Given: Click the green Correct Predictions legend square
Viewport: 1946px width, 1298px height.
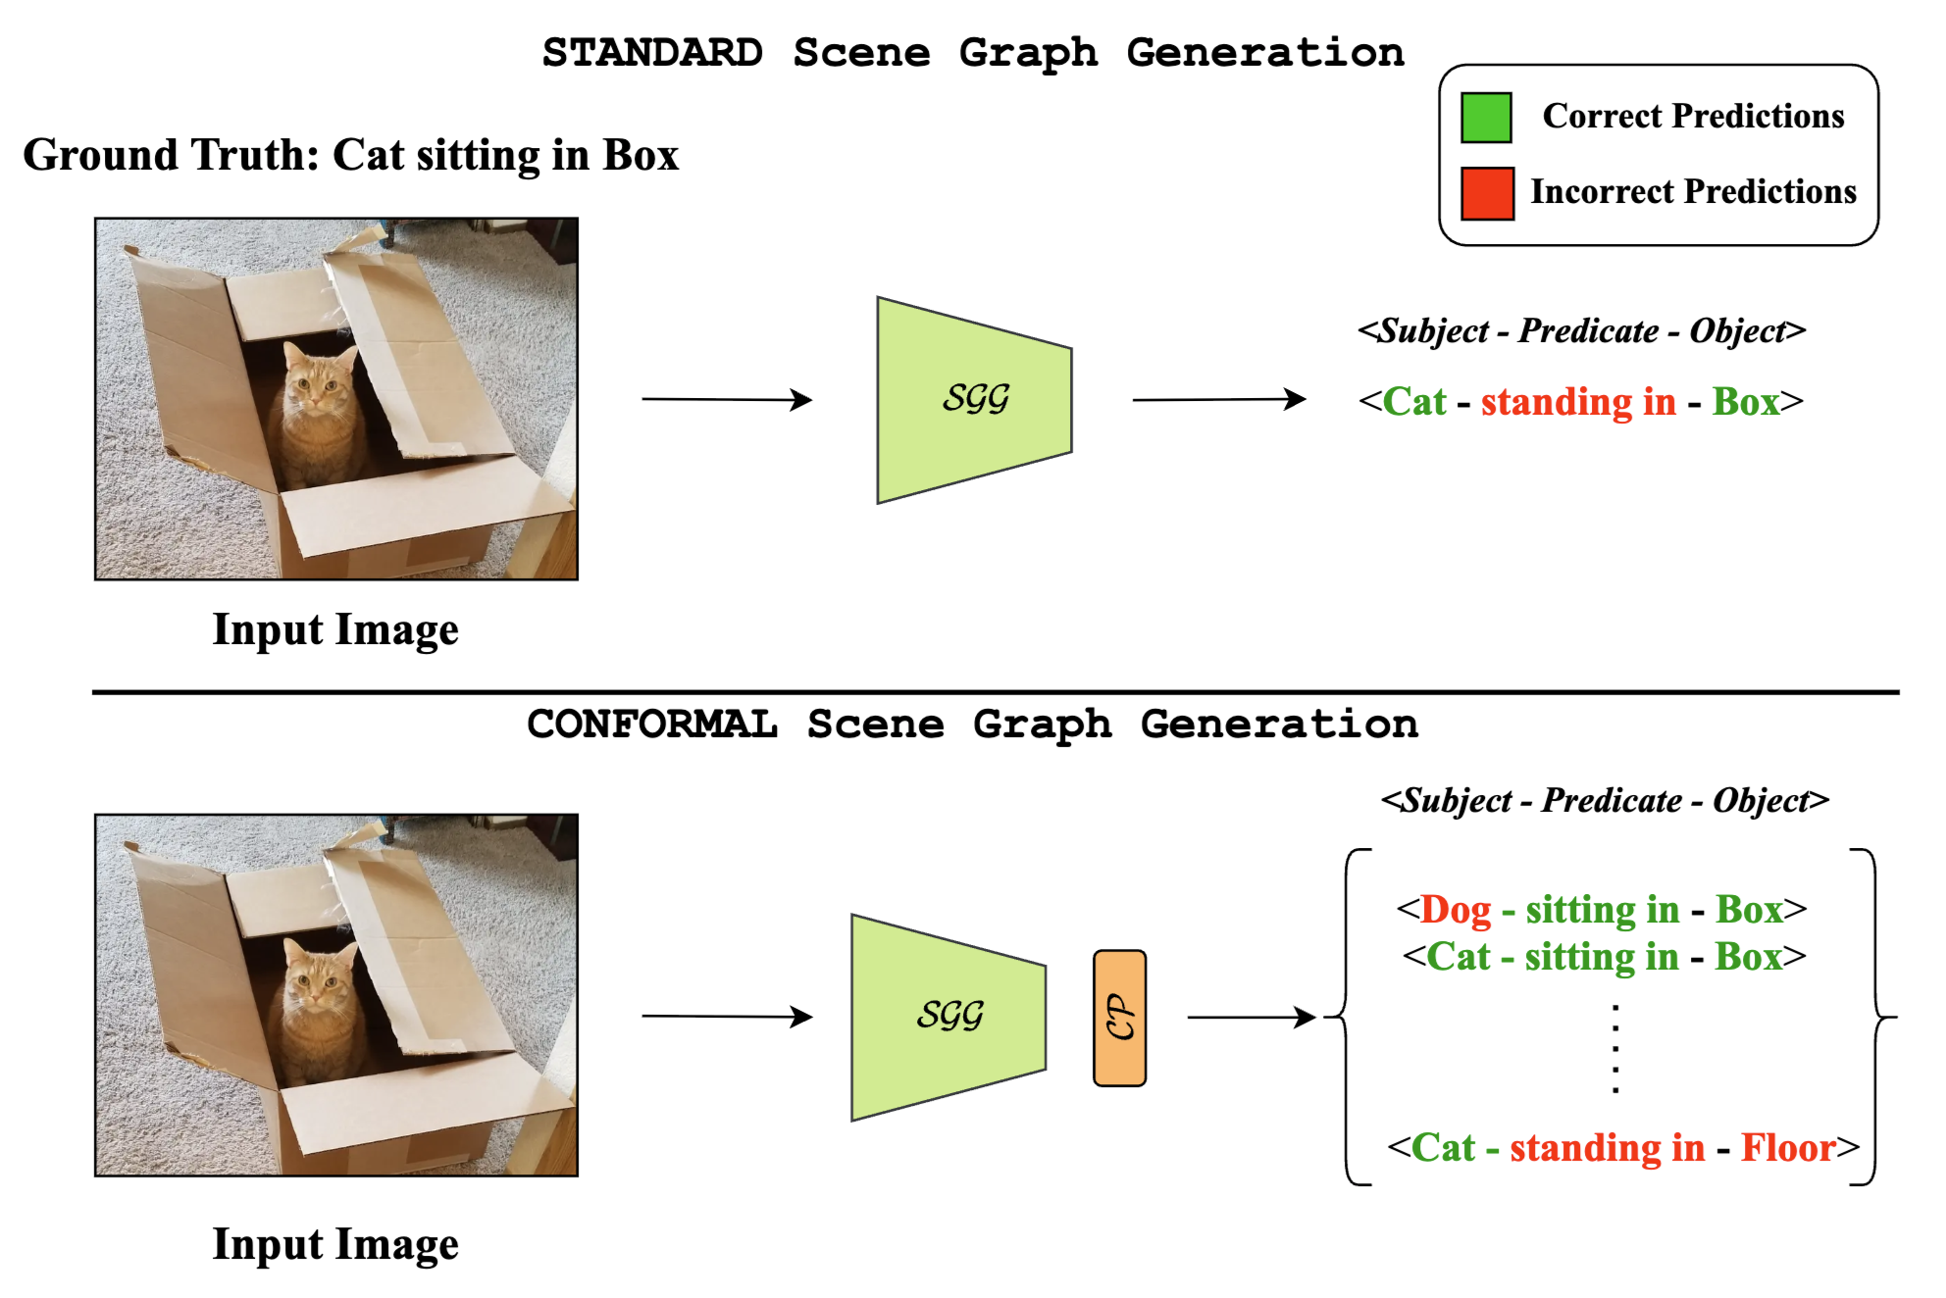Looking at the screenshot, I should pyautogui.click(x=1485, y=118).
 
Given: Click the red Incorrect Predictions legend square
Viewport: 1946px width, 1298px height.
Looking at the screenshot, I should pyautogui.click(x=1486, y=193).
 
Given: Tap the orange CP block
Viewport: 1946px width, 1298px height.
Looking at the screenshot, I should pyautogui.click(x=1119, y=1018).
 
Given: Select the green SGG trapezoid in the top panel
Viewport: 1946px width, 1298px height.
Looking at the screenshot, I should pyautogui.click(x=974, y=400).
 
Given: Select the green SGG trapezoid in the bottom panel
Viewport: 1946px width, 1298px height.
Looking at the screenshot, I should pyautogui.click(x=948, y=1017).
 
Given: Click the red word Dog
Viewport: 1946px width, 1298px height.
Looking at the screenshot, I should pyautogui.click(x=1456, y=910).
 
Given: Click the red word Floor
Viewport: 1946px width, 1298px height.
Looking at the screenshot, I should pyautogui.click(x=1787, y=1147).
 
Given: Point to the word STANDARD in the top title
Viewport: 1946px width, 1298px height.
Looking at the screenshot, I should pyautogui.click(x=652, y=53).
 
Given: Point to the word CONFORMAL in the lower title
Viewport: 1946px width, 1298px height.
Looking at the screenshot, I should pyautogui.click(x=652, y=724).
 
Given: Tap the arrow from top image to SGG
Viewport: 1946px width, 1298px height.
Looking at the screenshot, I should pyautogui.click(x=727, y=399).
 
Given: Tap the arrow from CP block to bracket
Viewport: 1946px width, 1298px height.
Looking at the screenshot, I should pyautogui.click(x=1251, y=1018).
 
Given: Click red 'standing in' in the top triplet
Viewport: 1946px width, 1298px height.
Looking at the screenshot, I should pyautogui.click(x=1577, y=402).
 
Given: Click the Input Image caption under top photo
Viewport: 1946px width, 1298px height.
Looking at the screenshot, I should pyautogui.click(x=335, y=629).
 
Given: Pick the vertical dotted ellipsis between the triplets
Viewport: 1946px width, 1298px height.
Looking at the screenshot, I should pyautogui.click(x=1614, y=1048).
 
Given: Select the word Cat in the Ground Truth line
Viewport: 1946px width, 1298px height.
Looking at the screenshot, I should pyautogui.click(x=368, y=155).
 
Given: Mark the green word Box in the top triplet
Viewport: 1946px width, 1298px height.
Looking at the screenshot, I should pyautogui.click(x=1745, y=402).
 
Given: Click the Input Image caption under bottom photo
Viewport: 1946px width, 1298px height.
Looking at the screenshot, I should pyautogui.click(x=335, y=1244).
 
